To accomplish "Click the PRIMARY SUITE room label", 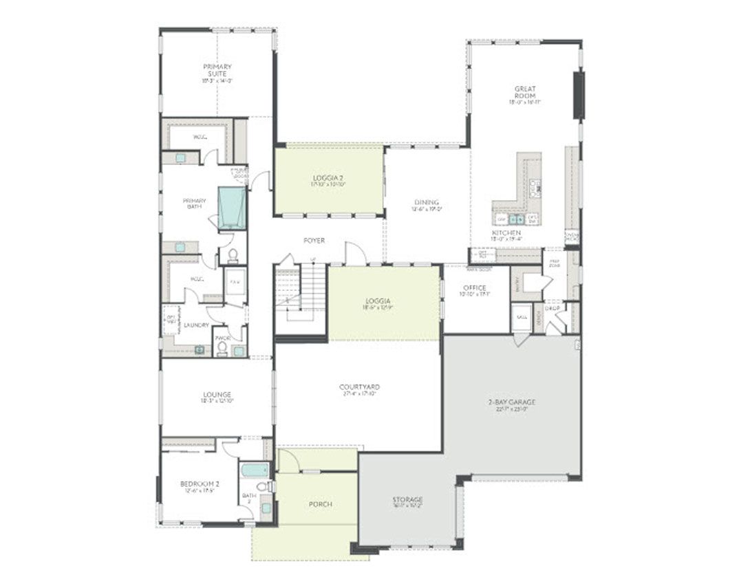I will (x=217, y=69).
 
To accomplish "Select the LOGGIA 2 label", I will (x=328, y=177).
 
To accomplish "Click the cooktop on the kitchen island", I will (x=535, y=186).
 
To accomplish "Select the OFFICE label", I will (x=474, y=288).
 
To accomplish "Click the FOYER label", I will (x=314, y=241).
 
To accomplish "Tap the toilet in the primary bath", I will (x=233, y=256).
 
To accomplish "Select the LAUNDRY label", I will (x=196, y=325).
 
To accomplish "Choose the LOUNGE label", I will (x=217, y=395).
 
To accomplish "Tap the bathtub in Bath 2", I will (x=255, y=470).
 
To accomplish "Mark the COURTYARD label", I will (x=359, y=387).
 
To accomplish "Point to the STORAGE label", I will (x=407, y=500).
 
